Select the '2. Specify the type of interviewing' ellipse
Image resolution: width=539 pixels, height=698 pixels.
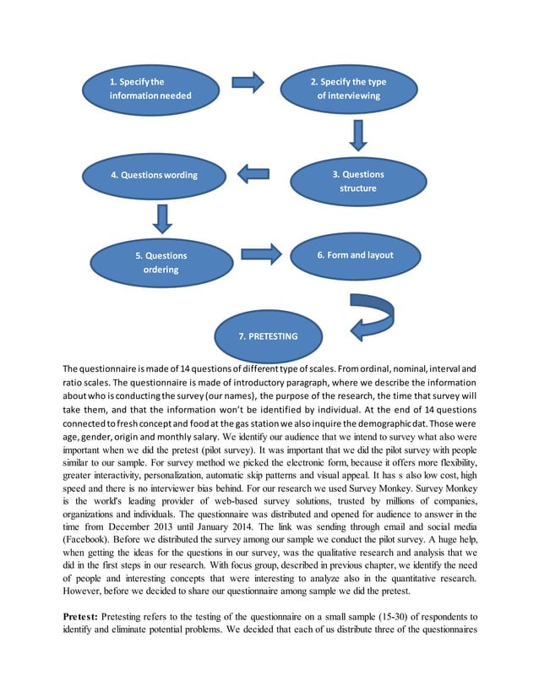pos(348,89)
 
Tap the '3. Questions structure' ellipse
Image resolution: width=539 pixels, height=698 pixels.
pos(357,181)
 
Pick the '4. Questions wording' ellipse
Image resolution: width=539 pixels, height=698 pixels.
pos(154,175)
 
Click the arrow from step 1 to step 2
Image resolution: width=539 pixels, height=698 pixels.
pos(248,82)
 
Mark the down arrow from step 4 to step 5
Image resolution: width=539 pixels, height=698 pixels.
pos(163,216)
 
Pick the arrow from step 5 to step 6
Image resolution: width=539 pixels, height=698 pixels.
pos(261,253)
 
